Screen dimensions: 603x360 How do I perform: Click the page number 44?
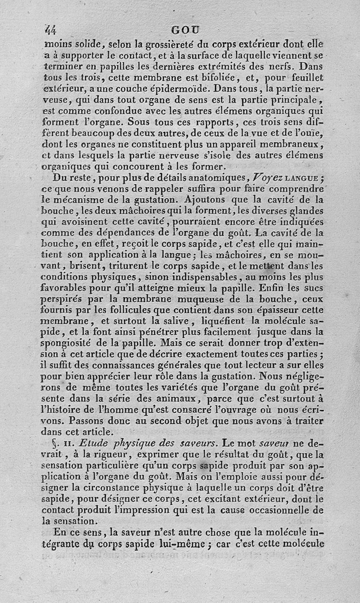tap(49, 30)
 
